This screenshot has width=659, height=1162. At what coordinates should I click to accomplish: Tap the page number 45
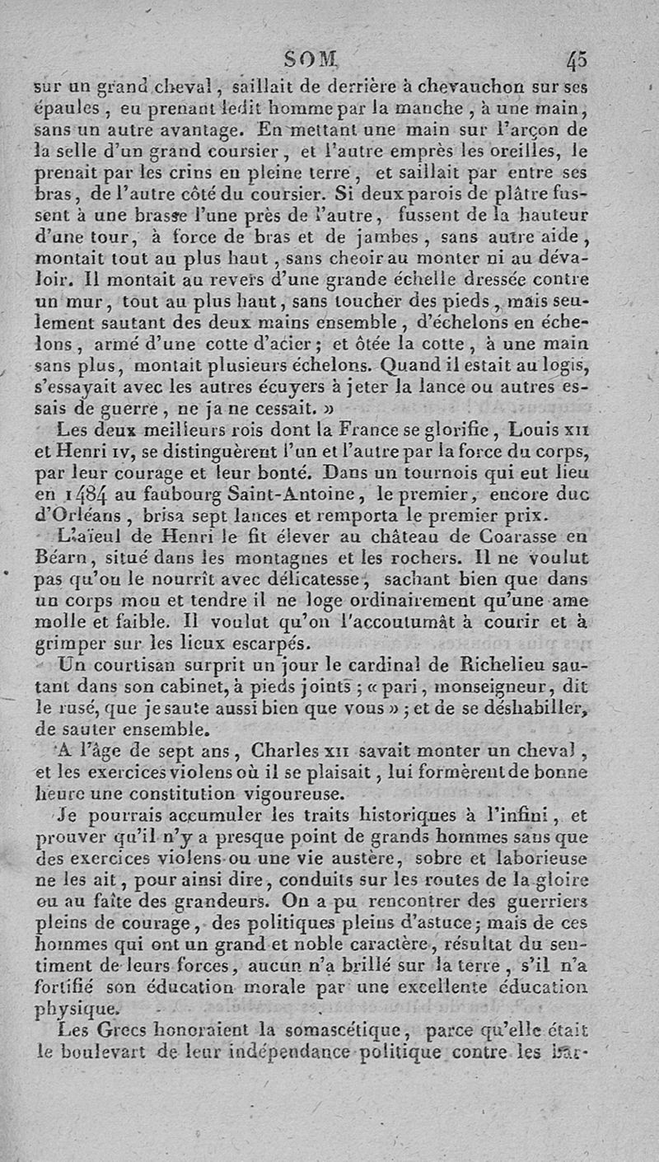click(577, 60)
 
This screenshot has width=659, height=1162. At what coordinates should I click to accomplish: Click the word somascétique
click(330, 1029)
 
